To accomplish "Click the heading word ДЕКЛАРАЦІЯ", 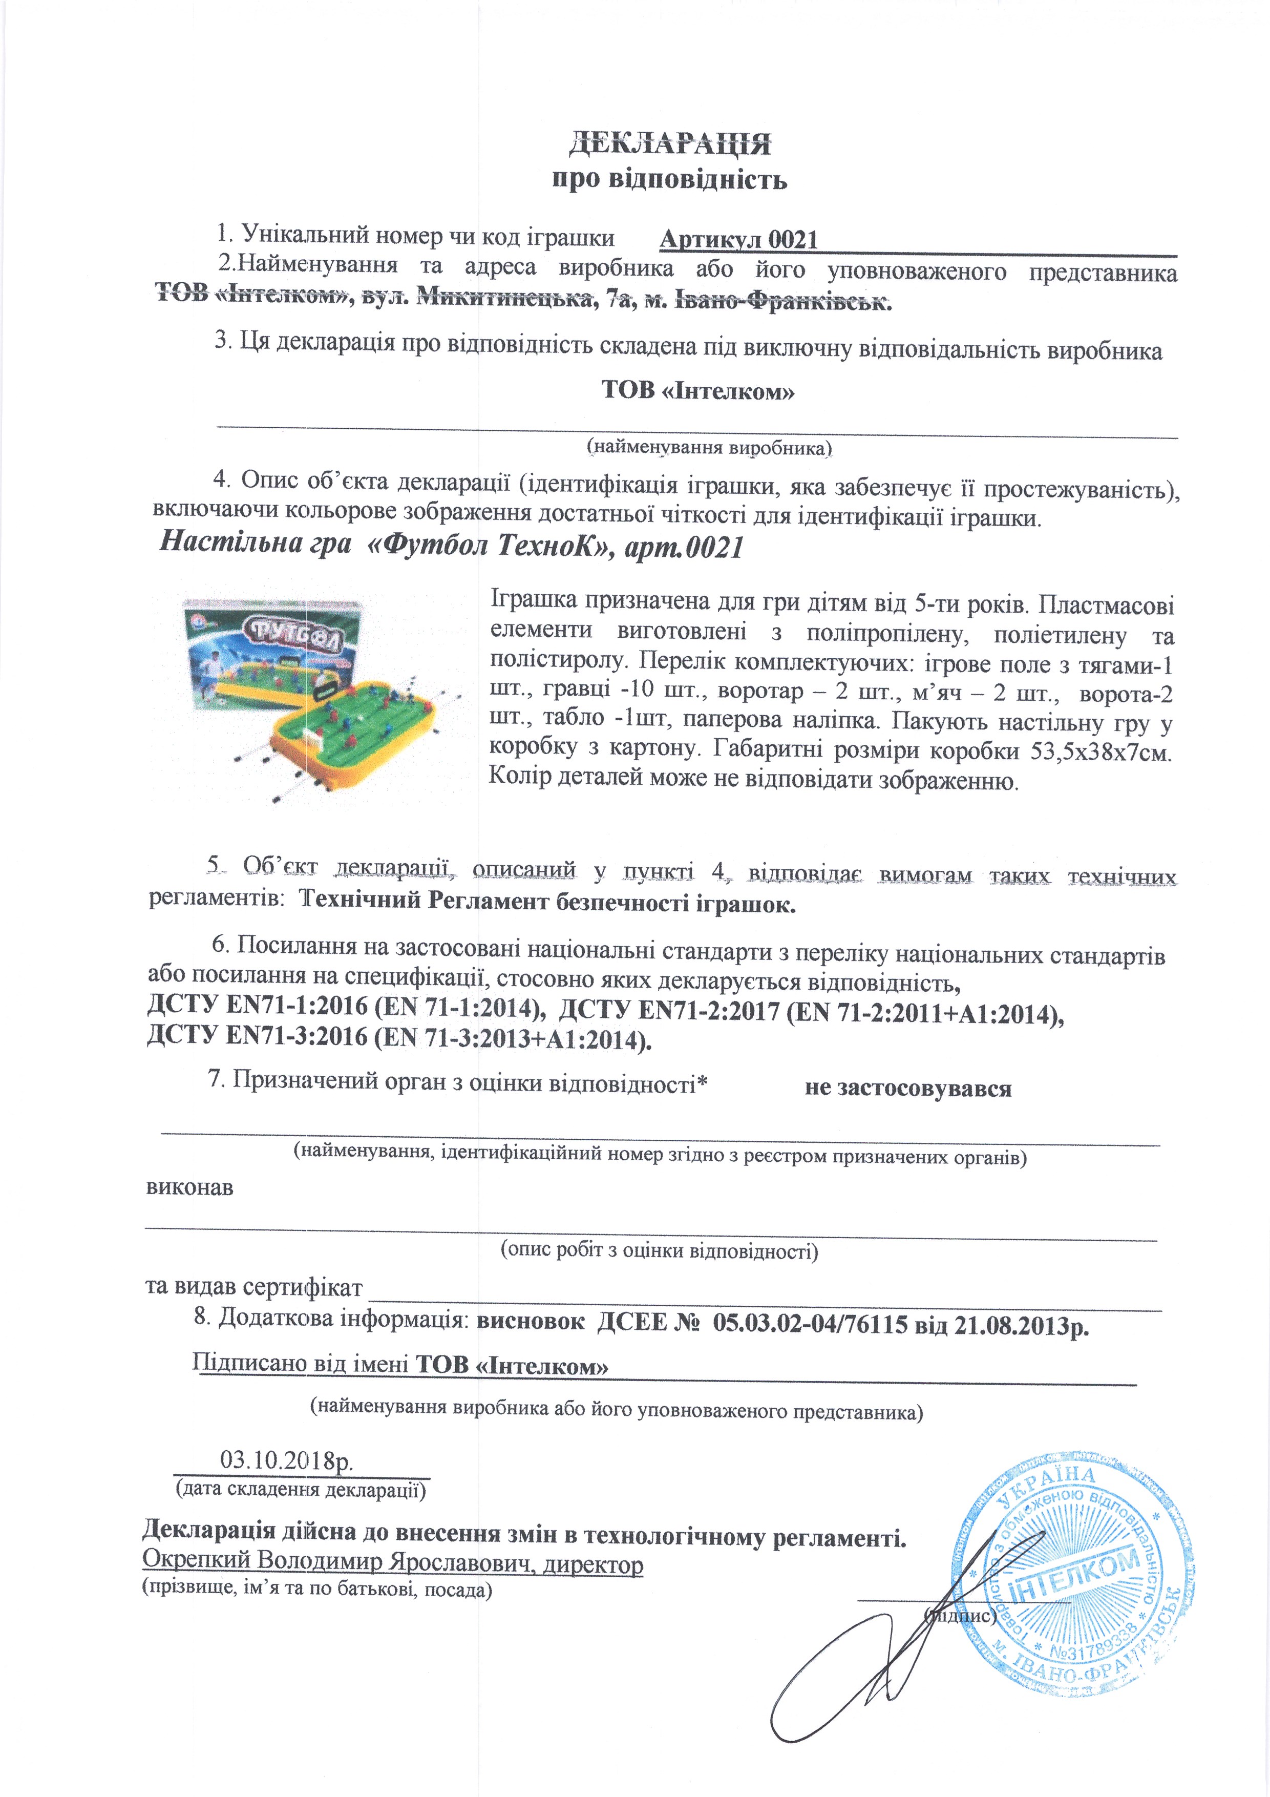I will (x=669, y=145).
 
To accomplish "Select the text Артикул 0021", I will (x=738, y=240).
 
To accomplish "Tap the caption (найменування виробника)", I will (x=709, y=448).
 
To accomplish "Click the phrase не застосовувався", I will (x=908, y=1088).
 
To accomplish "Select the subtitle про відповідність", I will (x=669, y=180).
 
